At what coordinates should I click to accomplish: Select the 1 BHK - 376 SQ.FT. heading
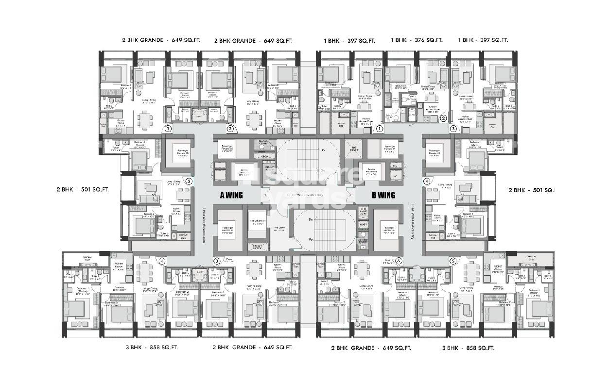[417, 41]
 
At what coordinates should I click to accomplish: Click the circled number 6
[399, 261]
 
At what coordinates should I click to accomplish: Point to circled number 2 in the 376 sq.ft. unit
[443, 118]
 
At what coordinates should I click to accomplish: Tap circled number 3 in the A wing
[217, 261]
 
